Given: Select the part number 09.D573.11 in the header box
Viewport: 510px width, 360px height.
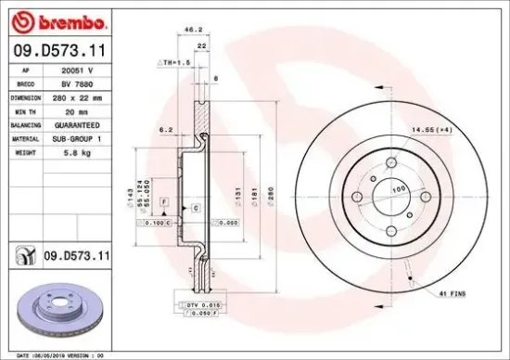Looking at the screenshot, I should click(x=60, y=52).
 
